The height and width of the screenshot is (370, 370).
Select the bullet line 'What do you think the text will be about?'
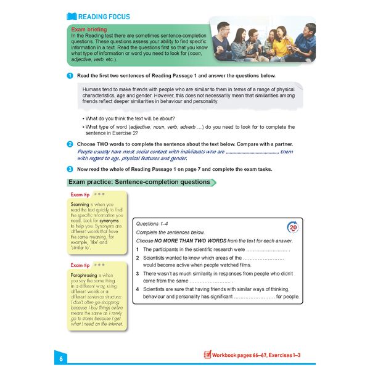pos(130,118)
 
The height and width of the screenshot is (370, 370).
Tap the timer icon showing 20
pos(294,226)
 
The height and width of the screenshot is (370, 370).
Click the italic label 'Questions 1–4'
pos(155,224)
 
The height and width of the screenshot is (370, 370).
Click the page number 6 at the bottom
pos(60,358)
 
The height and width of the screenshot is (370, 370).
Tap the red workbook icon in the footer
pos(208,355)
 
